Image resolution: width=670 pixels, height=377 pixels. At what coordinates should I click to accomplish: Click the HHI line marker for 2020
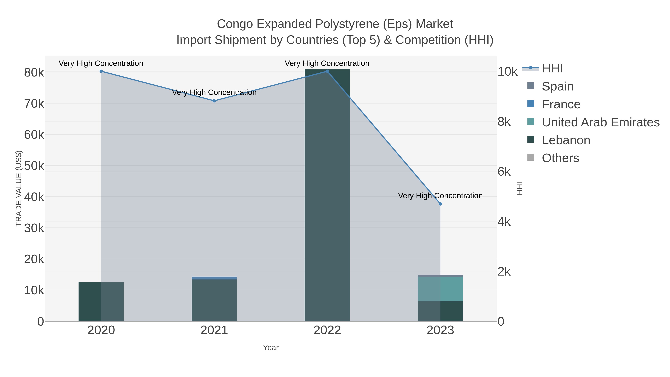(101, 71)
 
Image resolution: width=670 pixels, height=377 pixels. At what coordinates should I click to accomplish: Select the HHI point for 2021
(214, 101)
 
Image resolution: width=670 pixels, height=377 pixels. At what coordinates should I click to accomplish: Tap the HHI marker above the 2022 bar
(327, 71)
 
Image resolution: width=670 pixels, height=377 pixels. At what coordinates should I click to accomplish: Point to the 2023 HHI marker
(440, 204)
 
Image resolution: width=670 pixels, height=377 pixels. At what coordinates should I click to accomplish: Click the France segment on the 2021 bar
(214, 278)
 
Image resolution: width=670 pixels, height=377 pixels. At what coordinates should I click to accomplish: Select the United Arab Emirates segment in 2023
(440, 289)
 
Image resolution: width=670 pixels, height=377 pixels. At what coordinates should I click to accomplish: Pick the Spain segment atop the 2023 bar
(440, 276)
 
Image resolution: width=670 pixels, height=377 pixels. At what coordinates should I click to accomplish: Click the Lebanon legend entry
(566, 140)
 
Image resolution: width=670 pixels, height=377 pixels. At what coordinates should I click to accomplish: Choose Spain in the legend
(557, 86)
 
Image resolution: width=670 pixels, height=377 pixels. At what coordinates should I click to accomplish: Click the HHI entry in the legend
(552, 69)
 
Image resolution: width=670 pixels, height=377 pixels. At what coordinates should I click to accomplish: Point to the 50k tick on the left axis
(34, 166)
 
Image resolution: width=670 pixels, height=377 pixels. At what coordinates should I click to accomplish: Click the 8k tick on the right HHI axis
(504, 122)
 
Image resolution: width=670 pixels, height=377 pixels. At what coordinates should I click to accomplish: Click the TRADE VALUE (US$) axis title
(19, 188)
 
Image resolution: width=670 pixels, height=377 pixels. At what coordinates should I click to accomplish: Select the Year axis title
(270, 348)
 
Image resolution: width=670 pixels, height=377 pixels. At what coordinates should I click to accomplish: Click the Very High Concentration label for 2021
(214, 92)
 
